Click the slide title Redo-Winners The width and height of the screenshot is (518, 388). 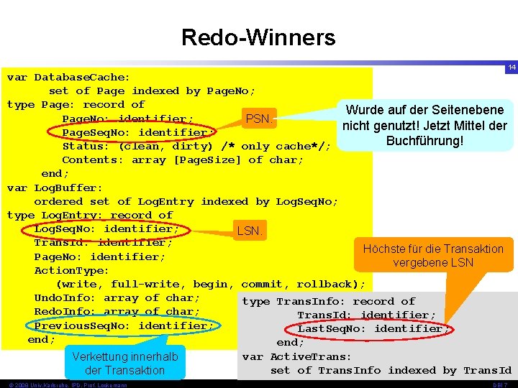258,37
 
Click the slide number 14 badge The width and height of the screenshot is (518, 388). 511,67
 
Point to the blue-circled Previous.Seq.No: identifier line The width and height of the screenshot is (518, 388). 124,325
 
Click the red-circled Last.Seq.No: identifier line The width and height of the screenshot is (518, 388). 373,328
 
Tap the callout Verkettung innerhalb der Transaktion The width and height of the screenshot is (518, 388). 124,363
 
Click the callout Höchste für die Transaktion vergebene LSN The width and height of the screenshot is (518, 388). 433,256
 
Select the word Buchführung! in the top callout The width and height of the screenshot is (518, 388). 424,140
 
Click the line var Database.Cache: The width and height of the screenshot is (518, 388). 68,77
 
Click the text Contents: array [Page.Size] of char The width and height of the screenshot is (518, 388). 183,160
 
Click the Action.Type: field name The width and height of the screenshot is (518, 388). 71,270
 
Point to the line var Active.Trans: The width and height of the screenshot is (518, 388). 297,356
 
